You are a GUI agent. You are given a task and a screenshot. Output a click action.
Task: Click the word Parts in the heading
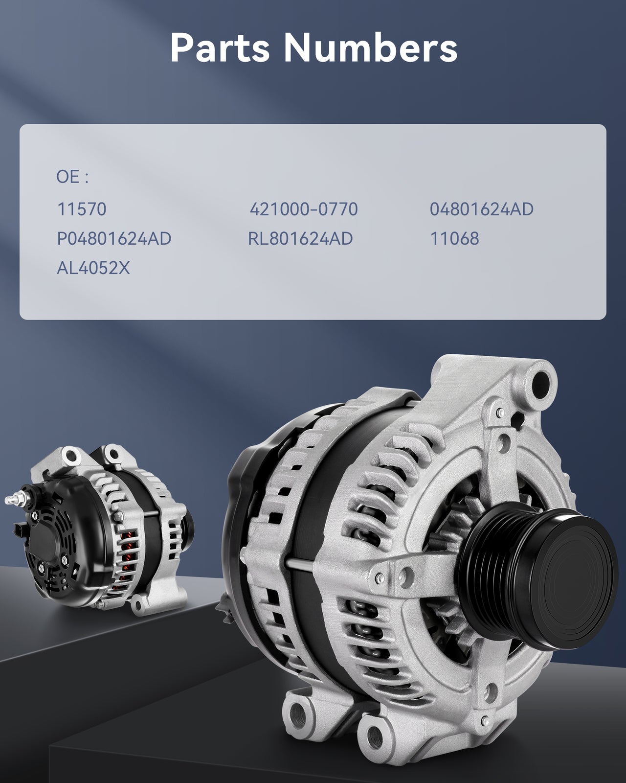[220, 47]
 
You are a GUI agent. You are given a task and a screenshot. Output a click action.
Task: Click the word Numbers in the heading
[370, 47]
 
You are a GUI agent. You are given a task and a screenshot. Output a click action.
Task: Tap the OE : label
[72, 177]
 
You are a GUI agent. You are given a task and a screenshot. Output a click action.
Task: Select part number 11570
[82, 209]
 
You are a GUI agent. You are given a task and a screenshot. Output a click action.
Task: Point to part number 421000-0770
[304, 209]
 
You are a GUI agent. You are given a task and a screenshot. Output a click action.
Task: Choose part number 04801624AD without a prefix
[482, 209]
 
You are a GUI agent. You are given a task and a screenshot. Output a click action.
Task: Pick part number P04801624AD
[114, 239]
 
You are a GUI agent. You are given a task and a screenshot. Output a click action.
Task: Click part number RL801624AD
[300, 239]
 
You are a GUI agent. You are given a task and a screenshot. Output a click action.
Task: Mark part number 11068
[455, 239]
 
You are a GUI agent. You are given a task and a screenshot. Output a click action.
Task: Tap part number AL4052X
[93, 268]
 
